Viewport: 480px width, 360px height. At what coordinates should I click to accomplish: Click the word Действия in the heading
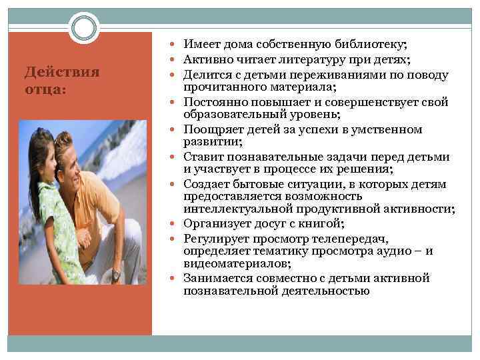[61, 72]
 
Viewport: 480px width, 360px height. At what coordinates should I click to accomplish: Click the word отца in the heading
[41, 89]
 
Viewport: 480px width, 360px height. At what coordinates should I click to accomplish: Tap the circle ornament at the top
[84, 29]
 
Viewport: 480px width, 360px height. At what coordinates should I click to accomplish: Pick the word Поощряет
[213, 129]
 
